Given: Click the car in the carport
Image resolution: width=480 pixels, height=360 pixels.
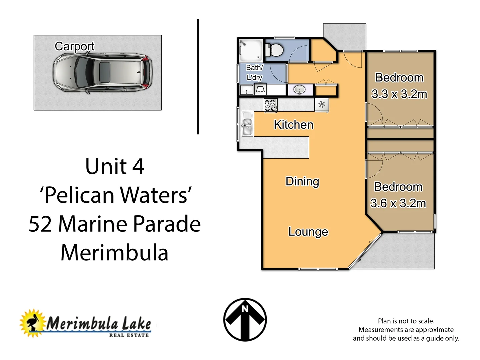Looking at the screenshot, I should click(102, 73).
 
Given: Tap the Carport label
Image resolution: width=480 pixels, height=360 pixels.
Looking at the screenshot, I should click(75, 46).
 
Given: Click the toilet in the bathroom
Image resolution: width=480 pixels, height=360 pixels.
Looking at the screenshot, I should click(275, 50).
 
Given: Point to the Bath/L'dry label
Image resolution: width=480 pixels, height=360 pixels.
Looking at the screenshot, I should click(254, 72).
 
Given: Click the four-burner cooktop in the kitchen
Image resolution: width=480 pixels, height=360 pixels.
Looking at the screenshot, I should click(271, 105).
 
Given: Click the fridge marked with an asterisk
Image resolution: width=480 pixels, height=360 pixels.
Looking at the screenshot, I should click(321, 105).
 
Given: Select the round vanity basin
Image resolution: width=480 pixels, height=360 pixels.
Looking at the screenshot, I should click(299, 90).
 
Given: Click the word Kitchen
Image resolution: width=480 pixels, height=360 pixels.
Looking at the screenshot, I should click(293, 125).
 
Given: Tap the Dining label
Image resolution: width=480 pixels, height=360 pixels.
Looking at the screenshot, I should click(302, 181).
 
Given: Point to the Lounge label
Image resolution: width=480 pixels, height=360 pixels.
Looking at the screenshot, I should click(308, 232).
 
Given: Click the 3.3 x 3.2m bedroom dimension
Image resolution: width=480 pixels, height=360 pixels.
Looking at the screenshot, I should click(399, 94).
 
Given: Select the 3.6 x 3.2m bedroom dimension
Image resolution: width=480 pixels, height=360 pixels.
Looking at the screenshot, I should click(398, 203).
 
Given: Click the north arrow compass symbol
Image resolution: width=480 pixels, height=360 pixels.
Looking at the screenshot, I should click(245, 320).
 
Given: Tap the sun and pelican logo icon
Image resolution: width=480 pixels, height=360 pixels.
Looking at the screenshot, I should click(32, 323).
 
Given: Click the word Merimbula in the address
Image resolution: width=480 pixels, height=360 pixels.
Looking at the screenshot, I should click(114, 253).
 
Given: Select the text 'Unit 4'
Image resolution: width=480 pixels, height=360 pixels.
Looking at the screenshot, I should click(114, 166).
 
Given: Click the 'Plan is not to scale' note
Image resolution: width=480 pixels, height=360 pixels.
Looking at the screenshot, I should click(406, 321).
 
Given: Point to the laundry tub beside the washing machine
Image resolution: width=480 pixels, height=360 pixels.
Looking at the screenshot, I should click(246, 90).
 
